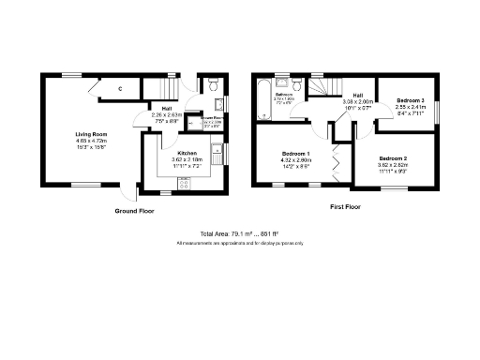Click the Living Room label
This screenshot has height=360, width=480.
tap(92, 134)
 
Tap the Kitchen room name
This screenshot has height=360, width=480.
tap(187, 152)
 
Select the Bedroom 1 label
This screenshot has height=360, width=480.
tap(297, 153)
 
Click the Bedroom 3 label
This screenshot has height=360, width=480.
tap(410, 99)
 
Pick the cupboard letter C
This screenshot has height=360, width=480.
tap(121, 89)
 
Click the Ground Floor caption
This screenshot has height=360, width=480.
tap(135, 211)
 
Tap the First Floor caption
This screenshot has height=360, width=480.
tap(346, 205)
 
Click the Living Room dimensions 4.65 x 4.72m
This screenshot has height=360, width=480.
tap(92, 142)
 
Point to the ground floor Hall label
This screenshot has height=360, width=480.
tap(166, 108)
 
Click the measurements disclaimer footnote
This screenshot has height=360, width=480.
tap(240, 243)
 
